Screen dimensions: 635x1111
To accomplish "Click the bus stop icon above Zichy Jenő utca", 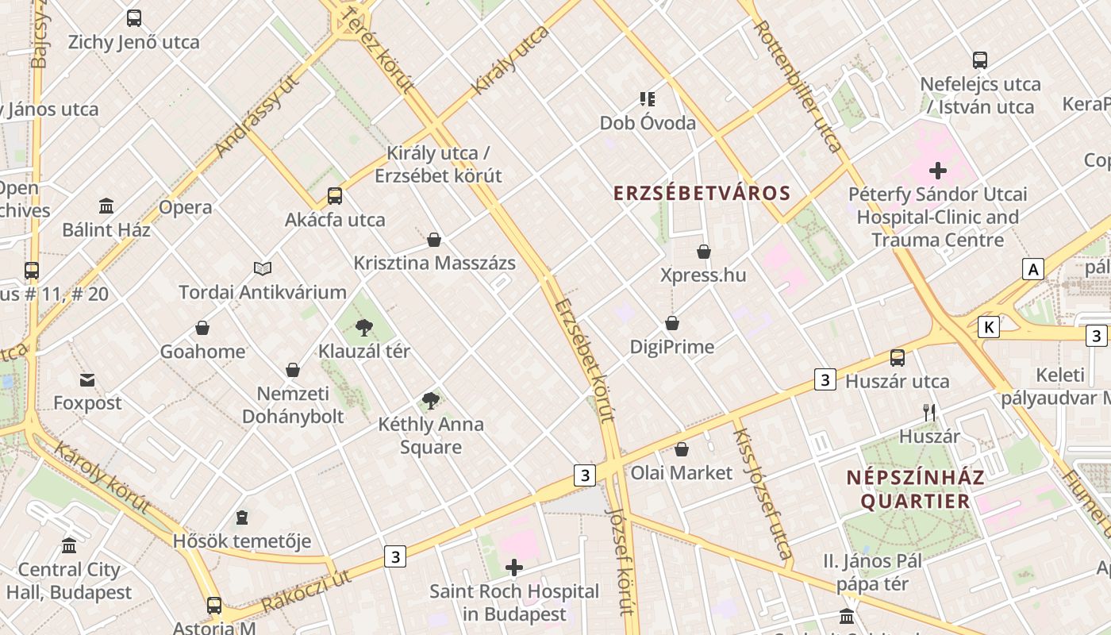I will point(134,18).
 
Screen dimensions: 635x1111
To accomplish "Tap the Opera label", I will point(186,208).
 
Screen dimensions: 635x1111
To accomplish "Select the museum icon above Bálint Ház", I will point(106,206).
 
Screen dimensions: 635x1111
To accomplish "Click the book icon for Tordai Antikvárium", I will point(263,269).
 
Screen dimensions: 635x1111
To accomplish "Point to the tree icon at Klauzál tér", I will point(364,327).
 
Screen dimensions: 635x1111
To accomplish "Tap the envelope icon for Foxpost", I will point(87,380).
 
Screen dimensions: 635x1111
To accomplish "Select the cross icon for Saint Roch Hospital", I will point(514,568).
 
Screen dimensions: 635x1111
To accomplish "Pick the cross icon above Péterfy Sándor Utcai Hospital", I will point(938,171).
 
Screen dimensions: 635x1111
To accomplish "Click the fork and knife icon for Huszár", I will point(929,413).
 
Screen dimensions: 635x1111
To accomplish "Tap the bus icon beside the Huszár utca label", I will point(898,358).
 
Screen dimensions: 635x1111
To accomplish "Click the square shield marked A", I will point(1032,269).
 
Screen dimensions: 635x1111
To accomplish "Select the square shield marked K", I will point(988,327).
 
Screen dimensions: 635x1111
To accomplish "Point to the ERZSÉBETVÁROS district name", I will point(702,194).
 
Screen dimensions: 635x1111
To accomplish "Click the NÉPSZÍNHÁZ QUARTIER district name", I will point(915,490).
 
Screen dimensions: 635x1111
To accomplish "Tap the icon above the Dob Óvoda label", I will point(648,99).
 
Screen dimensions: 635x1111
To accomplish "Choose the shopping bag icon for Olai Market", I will point(682,450).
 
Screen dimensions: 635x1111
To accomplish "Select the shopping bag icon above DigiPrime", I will point(672,324).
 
